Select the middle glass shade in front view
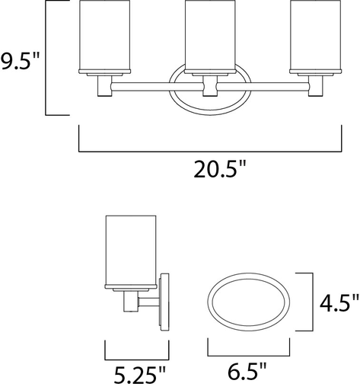click(x=210, y=36)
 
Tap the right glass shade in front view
click(x=315, y=36)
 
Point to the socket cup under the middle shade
click(x=210, y=85)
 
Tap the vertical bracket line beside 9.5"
click(x=48, y=59)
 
